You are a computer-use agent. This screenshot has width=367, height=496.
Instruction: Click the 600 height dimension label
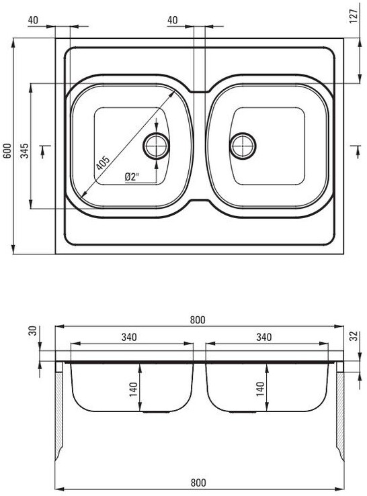coord(7,150)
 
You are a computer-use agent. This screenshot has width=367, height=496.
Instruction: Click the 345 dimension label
coord(25,150)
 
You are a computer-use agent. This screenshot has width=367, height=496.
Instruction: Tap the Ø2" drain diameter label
coord(132,177)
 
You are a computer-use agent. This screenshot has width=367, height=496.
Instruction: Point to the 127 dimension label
coord(354,16)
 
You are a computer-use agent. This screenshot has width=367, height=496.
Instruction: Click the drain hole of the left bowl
coord(156,146)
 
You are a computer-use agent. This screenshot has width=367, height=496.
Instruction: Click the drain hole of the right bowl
coord(243,146)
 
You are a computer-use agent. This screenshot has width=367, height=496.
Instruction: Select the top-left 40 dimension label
coord(33,20)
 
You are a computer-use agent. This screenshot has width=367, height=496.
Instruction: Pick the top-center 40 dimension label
coord(172,20)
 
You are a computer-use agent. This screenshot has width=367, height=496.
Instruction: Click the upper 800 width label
coord(198,320)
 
